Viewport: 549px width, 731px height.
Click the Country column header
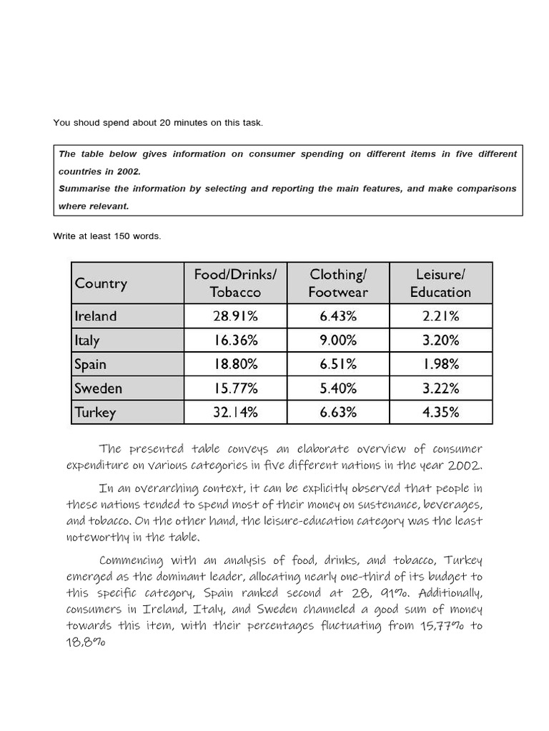click(101, 283)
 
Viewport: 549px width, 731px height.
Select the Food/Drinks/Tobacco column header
click(235, 283)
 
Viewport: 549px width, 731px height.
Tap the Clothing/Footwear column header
click(338, 283)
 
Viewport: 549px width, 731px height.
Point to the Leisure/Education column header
click(440, 283)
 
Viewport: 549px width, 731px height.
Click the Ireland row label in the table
click(95, 316)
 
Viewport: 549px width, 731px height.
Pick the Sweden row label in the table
click(98, 388)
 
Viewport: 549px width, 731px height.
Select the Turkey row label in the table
click(95, 413)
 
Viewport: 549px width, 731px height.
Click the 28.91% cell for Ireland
click(235, 316)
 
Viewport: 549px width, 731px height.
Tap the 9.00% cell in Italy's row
click(338, 341)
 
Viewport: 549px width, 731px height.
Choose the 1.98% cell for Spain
click(440, 364)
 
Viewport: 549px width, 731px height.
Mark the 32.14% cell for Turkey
click(235, 413)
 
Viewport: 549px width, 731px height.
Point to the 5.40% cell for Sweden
click(338, 388)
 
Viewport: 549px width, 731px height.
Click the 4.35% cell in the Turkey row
click(440, 413)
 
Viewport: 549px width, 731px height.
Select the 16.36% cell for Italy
click(235, 341)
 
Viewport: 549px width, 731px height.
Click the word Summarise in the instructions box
click(84, 188)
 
